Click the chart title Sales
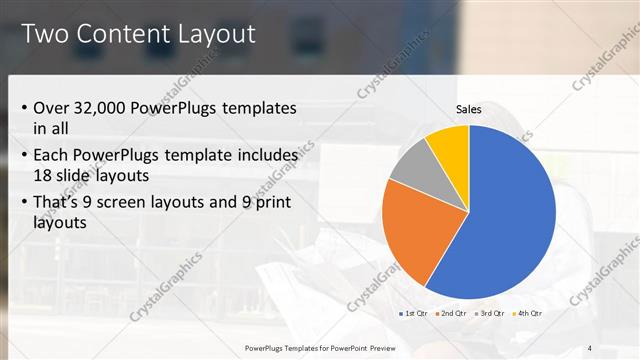coord(469,109)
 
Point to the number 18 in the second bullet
coord(44,176)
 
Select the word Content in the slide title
coord(119,35)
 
